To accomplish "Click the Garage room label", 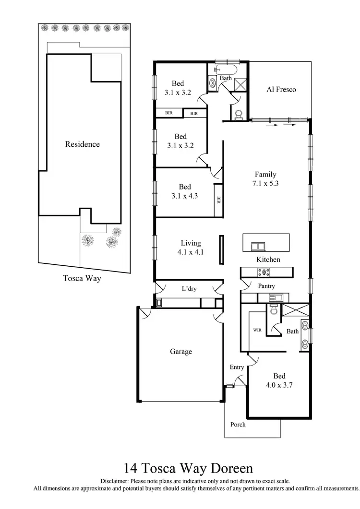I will pos(180,352).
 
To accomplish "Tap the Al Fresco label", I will pos(281,89).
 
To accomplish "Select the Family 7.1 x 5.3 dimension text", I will pos(265,183).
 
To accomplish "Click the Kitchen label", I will pos(268,260).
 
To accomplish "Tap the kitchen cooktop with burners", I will pos(264,272).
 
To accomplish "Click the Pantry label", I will pos(266,286).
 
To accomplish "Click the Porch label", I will pos(238,424).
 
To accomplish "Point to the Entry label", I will pos(237,367).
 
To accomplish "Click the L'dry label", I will pos(189,289).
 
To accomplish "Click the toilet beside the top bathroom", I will pos(239,114).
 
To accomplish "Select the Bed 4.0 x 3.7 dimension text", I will pos(279,385).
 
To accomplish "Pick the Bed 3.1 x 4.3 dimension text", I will pos(185,195).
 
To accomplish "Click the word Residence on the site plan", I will pos(82,144).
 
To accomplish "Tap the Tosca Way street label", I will pos(82,278).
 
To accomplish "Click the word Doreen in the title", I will pos(232,468).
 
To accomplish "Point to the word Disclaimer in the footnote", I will pos(115,481).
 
